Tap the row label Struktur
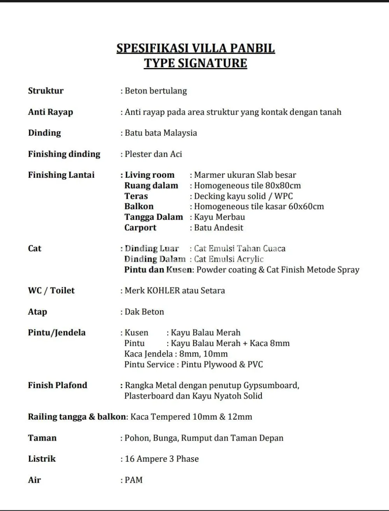point(46,91)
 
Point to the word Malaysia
point(180,133)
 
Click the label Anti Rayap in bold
point(51,112)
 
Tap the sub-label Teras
point(136,196)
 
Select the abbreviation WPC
point(284,196)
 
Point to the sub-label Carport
point(140,227)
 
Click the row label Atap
point(37,311)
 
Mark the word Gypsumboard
point(271,385)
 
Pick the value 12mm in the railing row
point(240,417)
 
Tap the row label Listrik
point(42,459)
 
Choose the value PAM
point(134,480)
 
